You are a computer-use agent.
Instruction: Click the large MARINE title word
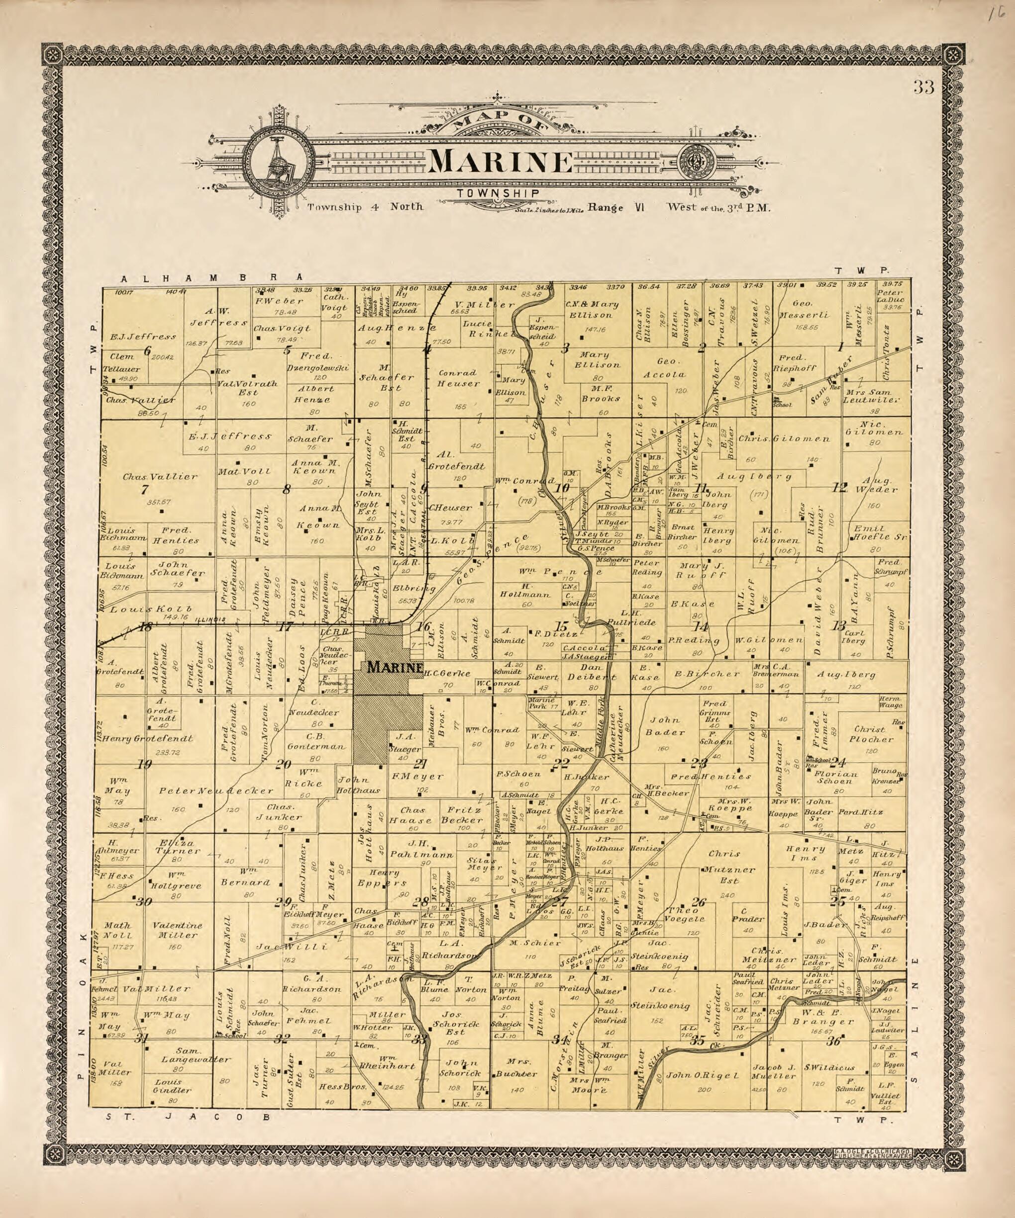[x=500, y=163]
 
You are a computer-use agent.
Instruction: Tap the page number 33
[x=923, y=88]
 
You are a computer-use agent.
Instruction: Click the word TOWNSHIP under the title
[x=499, y=194]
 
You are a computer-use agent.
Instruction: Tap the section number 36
[x=834, y=1041]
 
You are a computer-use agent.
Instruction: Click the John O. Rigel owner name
[x=703, y=1075]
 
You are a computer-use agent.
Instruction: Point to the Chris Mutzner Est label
[x=724, y=870]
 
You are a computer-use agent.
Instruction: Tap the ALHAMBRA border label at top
[x=208, y=278]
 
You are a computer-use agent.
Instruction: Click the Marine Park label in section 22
[x=541, y=703]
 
